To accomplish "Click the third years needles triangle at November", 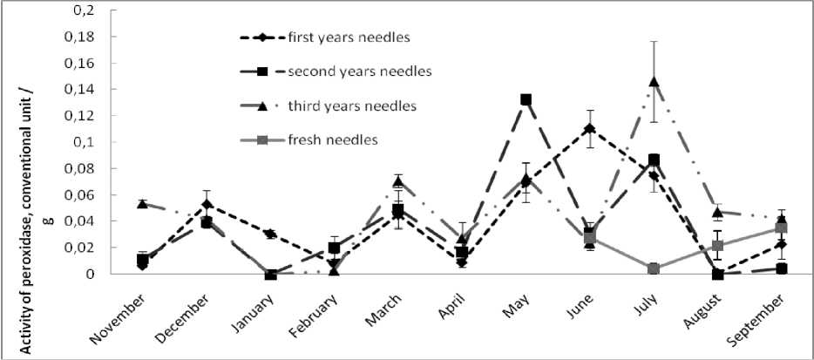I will pyautogui.click(x=142, y=204).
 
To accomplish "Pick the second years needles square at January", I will pyautogui.click(x=271, y=274).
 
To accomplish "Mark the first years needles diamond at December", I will pyautogui.click(x=207, y=204).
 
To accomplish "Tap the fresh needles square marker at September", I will pyautogui.click(x=782, y=229).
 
